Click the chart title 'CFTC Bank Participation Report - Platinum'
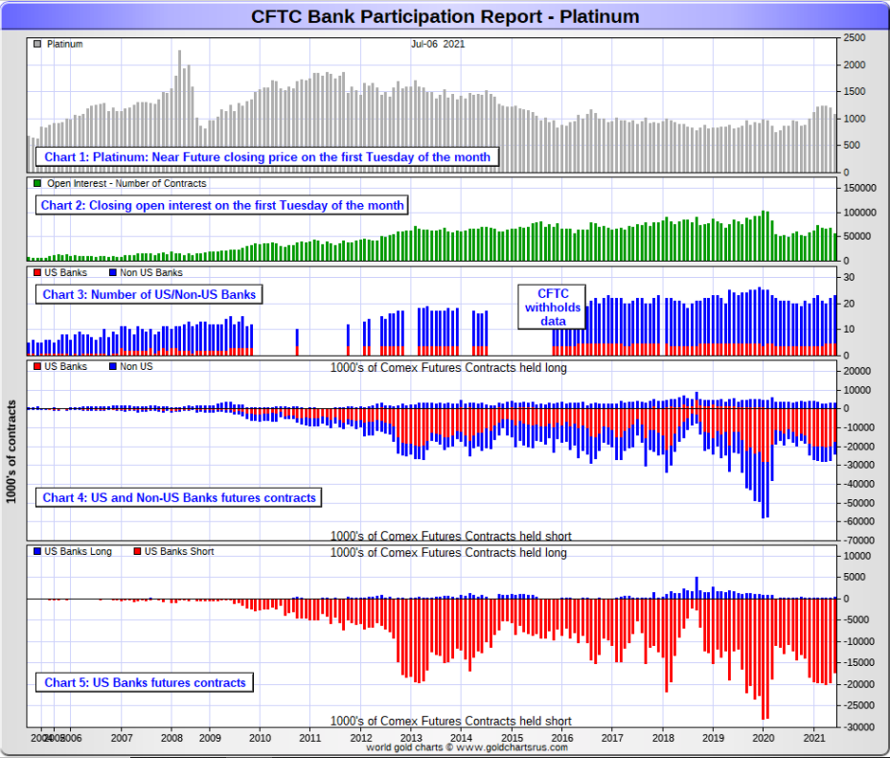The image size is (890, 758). [445, 16]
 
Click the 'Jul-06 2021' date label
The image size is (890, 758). [438, 44]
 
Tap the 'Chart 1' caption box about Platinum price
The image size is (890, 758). [266, 157]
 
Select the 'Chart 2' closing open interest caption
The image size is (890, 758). [222, 205]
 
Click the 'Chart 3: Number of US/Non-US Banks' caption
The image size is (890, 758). [149, 294]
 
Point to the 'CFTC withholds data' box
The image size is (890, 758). [552, 307]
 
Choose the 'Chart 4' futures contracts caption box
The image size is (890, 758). [179, 497]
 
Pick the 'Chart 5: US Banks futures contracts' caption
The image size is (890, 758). [145, 682]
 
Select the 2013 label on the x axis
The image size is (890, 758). [410, 738]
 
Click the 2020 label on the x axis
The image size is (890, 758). [764, 738]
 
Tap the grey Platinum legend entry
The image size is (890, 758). [59, 44]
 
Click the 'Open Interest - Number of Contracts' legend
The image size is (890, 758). [120, 183]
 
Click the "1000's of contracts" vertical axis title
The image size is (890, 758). [11, 450]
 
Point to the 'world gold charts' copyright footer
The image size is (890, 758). [467, 747]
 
